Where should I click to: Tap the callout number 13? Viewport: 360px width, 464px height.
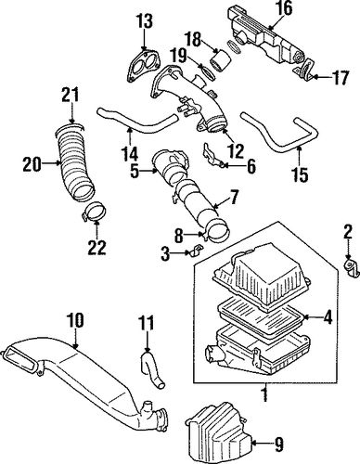(x=144, y=21)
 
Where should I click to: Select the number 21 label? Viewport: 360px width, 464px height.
(x=71, y=95)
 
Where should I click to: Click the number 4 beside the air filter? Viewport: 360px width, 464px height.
(x=327, y=316)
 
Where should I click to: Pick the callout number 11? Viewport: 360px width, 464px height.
(x=146, y=324)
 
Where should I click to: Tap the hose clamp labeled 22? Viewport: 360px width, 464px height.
(x=93, y=212)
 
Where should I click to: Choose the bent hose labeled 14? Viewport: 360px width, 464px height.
(x=136, y=122)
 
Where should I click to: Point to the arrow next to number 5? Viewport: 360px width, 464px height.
(x=148, y=170)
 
